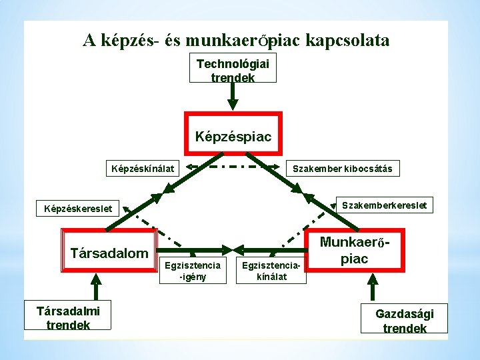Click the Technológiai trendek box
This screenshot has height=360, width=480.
click(x=233, y=69)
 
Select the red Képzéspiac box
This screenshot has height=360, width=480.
click(x=233, y=137)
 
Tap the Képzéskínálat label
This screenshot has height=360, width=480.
click(x=141, y=169)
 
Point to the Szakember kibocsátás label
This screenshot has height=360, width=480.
click(x=343, y=169)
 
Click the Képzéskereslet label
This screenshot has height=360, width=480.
click(x=78, y=209)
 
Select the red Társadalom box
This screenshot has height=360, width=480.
click(x=109, y=253)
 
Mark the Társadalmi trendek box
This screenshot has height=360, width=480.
click(x=68, y=317)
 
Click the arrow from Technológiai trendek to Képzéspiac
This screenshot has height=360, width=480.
click(x=233, y=96)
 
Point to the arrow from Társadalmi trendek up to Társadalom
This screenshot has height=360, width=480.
click(x=96, y=287)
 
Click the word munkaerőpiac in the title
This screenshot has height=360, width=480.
click(x=243, y=41)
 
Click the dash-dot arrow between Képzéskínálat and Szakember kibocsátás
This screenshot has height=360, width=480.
click(x=233, y=167)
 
